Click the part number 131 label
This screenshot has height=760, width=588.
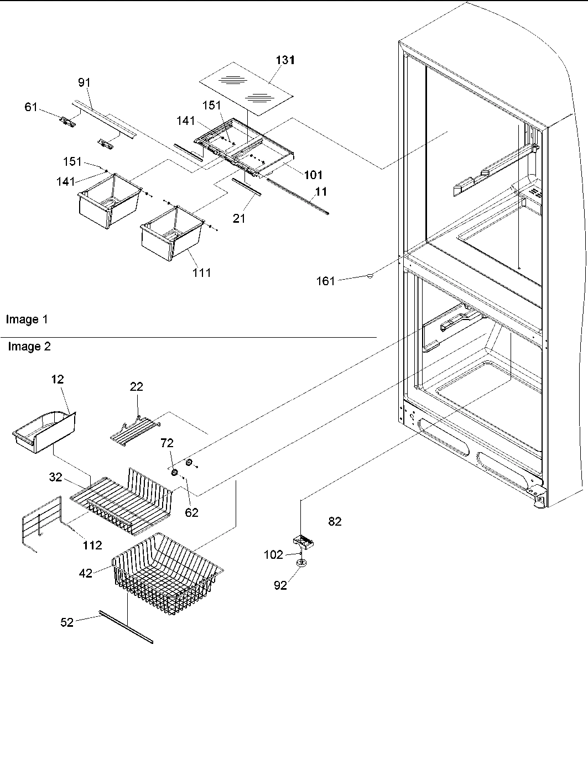285,60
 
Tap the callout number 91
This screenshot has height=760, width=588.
84,83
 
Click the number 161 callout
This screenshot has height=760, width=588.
325,281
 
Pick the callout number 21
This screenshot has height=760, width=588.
238,218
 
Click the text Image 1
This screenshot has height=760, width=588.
27,319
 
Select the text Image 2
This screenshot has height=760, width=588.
29,347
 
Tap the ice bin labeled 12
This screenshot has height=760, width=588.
45,431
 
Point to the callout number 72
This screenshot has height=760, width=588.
166,443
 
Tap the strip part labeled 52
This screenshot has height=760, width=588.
126,627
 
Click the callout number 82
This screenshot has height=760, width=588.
335,521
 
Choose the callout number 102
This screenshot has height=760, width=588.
273,554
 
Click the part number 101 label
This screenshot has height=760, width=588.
313,175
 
